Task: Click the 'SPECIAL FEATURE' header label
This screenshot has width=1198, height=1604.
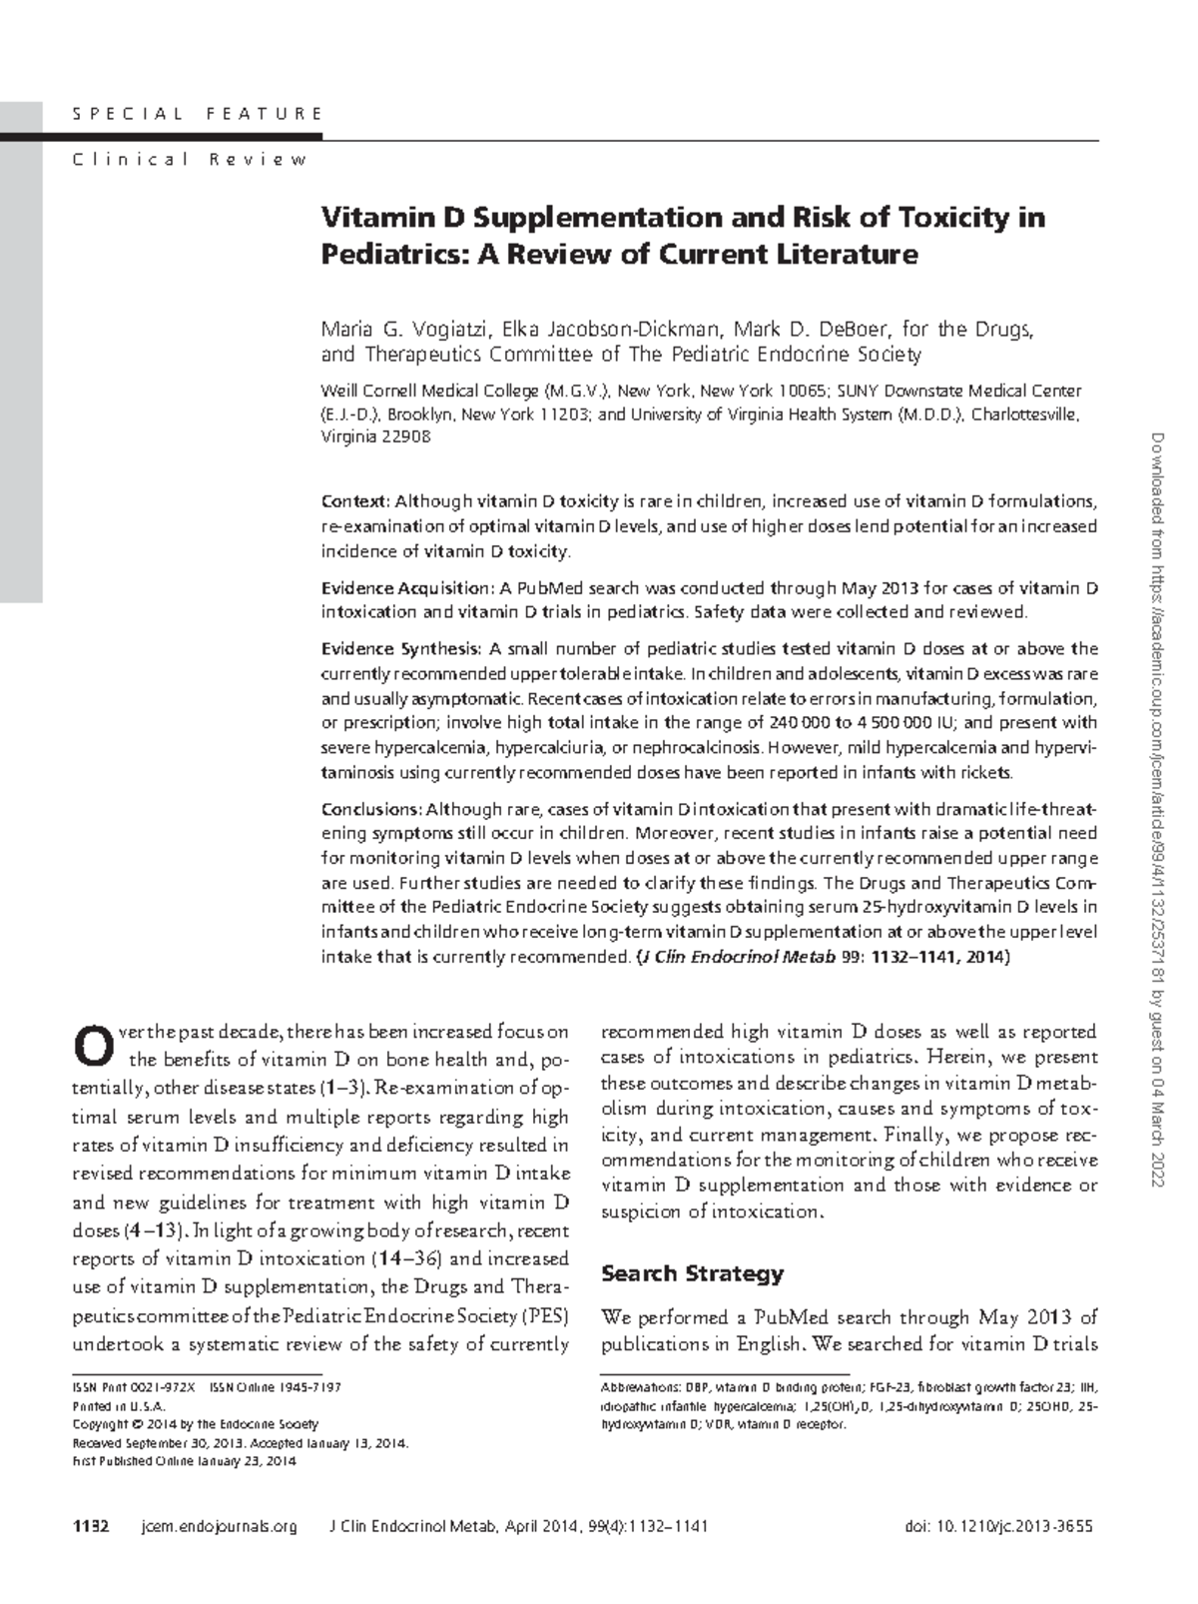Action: pyautogui.click(x=198, y=114)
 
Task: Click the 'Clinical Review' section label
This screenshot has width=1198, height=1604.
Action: pyautogui.click(x=190, y=160)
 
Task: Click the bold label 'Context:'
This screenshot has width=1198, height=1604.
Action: pyautogui.click(x=356, y=500)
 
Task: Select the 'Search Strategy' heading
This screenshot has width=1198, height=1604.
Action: pyautogui.click(x=692, y=1274)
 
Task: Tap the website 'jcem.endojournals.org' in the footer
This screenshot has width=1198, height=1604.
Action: pyautogui.click(x=220, y=1527)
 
